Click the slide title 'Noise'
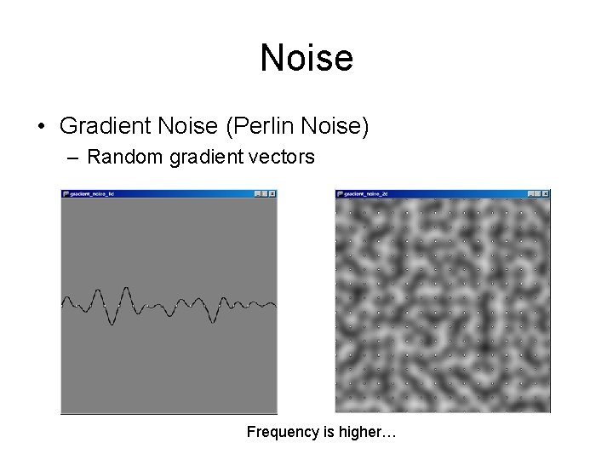pos(306,58)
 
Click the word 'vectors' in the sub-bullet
pos(285,158)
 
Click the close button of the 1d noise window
pos(272,193)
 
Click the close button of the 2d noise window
pos(546,193)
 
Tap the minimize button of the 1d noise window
pos(257,193)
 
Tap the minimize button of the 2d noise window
pos(530,193)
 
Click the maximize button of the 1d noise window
pos(265,193)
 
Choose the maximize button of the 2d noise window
pos(538,193)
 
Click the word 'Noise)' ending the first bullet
pos(340,127)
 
